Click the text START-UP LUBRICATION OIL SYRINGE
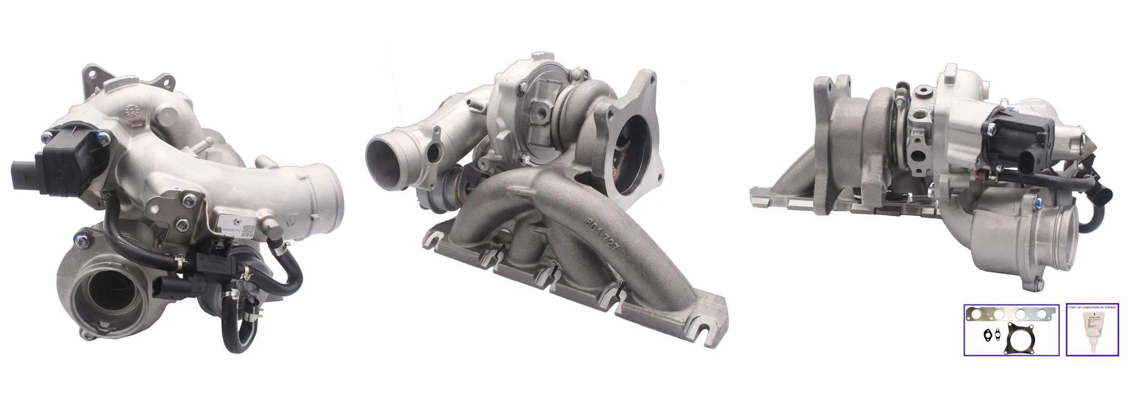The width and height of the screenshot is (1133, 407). (x=1092, y=307)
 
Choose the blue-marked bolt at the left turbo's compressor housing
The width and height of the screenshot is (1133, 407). (x=81, y=237)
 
